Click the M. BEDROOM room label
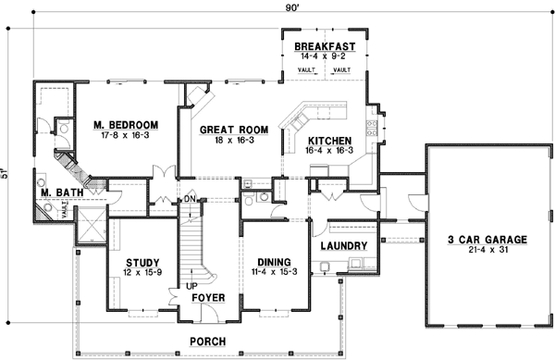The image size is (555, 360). point(125,124)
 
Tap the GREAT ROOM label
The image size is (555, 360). point(235,130)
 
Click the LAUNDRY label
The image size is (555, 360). point(343,246)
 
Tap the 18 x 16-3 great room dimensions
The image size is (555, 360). point(235,140)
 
